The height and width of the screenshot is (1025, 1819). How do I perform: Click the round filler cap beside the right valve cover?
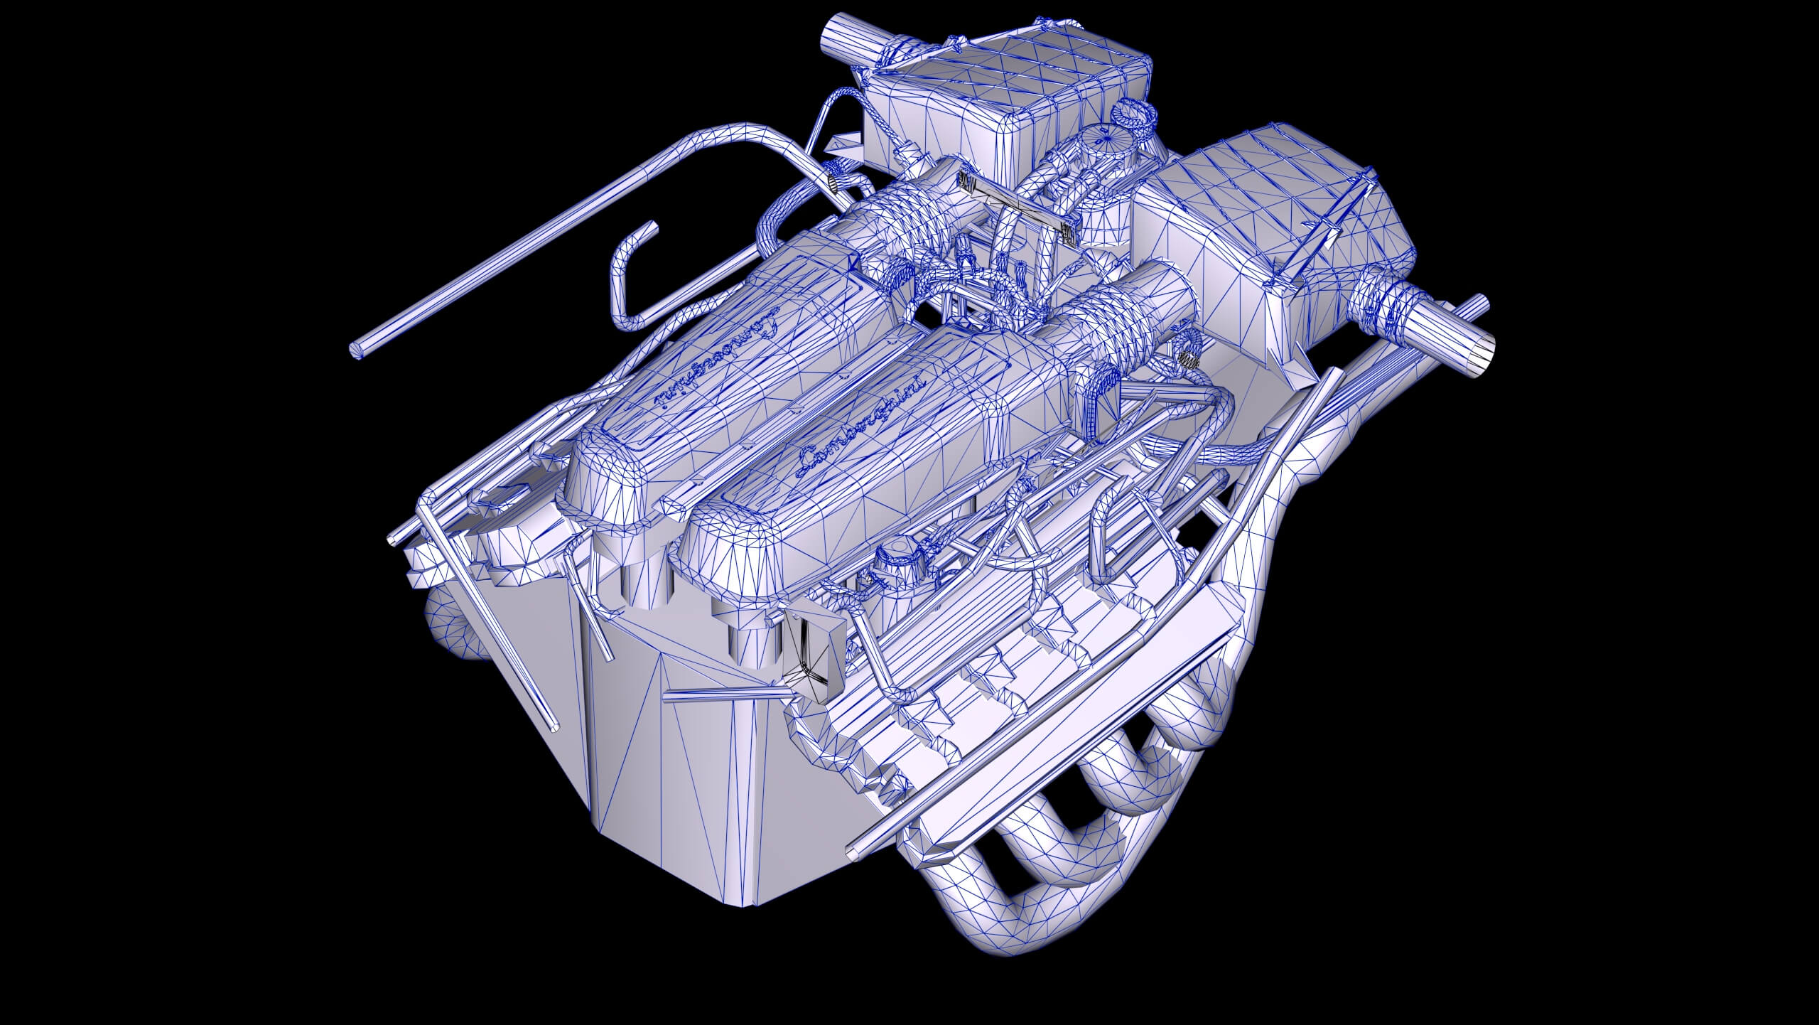tap(898, 554)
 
